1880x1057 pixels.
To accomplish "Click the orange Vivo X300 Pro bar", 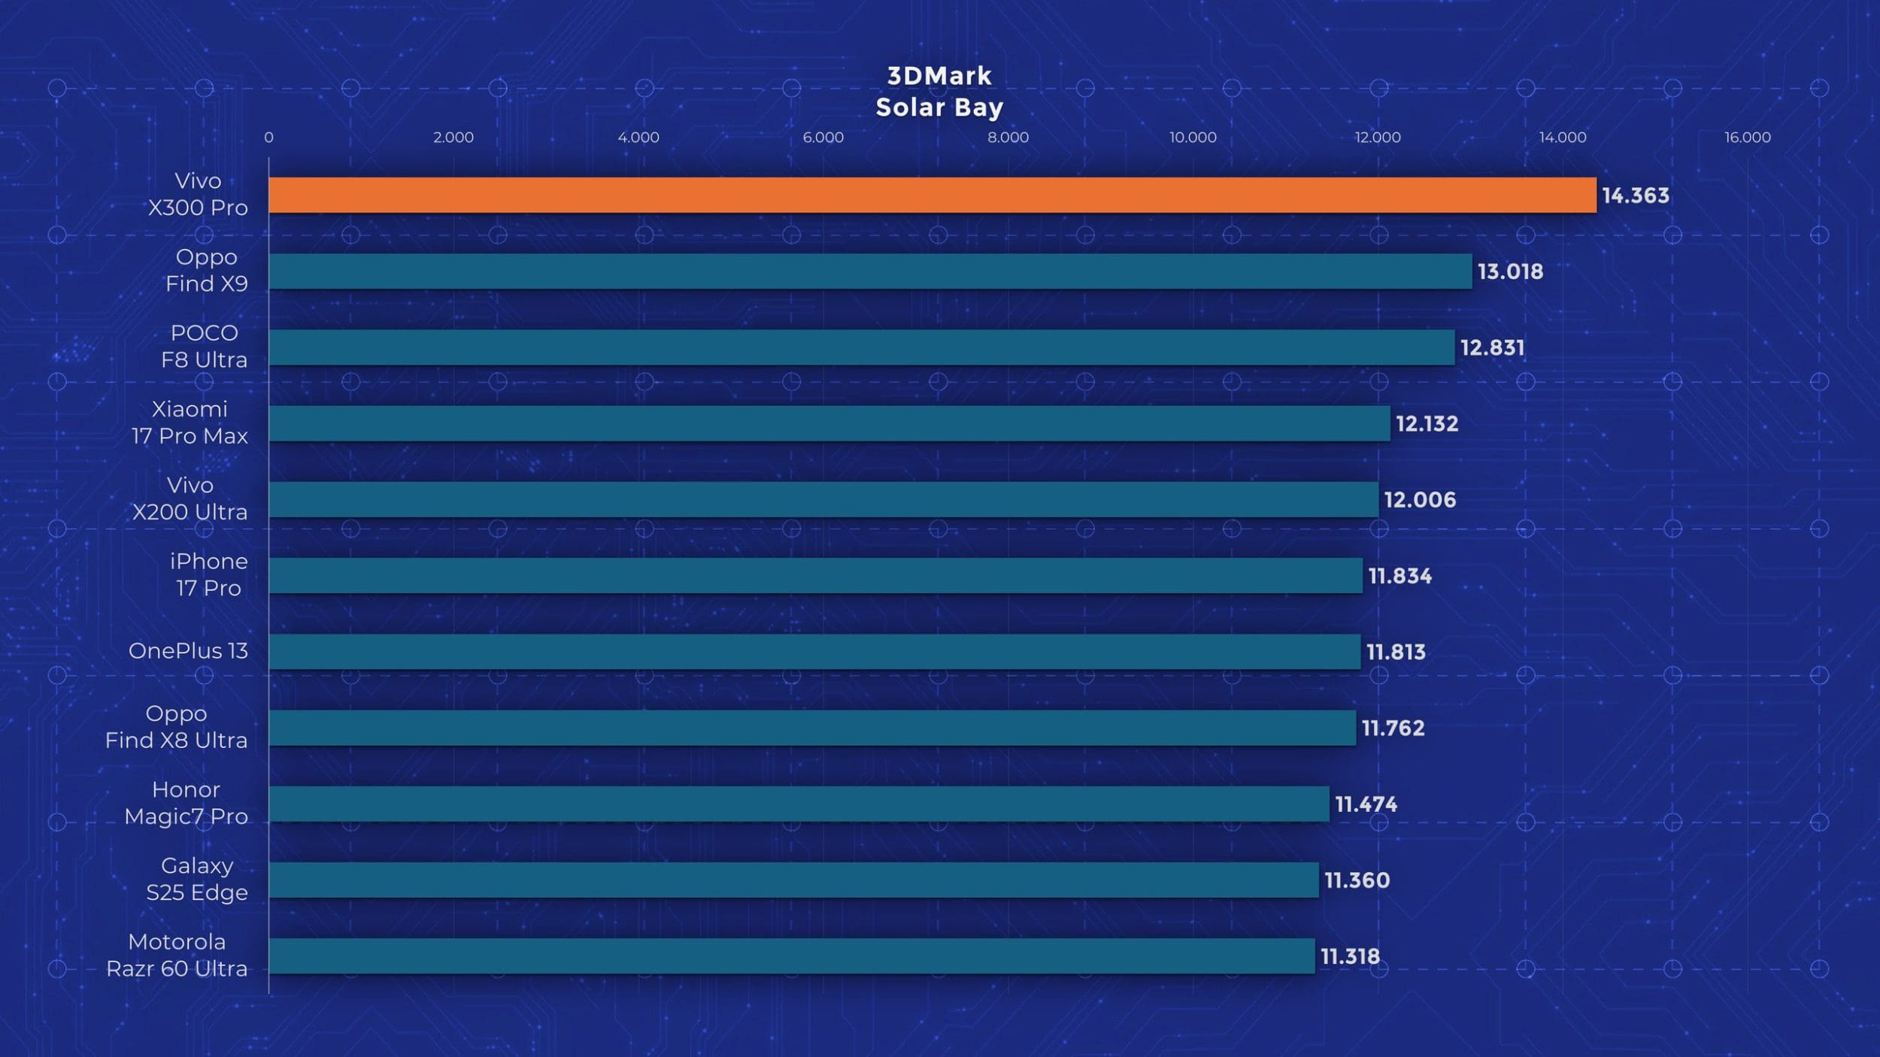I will point(932,195).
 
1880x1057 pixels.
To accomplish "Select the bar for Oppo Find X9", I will point(870,271).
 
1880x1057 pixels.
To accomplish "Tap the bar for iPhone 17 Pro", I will point(815,576).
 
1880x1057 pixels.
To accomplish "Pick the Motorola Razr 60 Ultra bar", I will point(792,956).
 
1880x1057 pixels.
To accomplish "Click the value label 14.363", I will point(1636,195).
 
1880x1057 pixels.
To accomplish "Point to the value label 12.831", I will point(1493,348).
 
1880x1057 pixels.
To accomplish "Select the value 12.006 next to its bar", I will point(1420,500).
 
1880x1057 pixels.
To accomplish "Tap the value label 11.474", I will point(1366,804).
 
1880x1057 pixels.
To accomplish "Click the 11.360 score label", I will point(1357,880).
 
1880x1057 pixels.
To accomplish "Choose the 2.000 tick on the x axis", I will point(453,138).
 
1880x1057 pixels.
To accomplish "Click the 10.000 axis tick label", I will point(1193,138).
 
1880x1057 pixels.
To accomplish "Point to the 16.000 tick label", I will point(1748,138).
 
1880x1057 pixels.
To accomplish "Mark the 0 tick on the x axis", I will point(268,138).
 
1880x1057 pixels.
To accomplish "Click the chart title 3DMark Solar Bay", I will point(939,92).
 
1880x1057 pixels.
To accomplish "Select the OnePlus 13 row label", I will point(188,651).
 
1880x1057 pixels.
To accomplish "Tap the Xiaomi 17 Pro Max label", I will point(190,422).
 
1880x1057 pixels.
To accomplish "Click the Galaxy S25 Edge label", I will point(197,880).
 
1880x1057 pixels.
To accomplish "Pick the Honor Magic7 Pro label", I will point(186,803).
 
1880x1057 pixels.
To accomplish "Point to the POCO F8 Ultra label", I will point(204,347).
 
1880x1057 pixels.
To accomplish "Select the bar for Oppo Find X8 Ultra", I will point(812,728).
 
